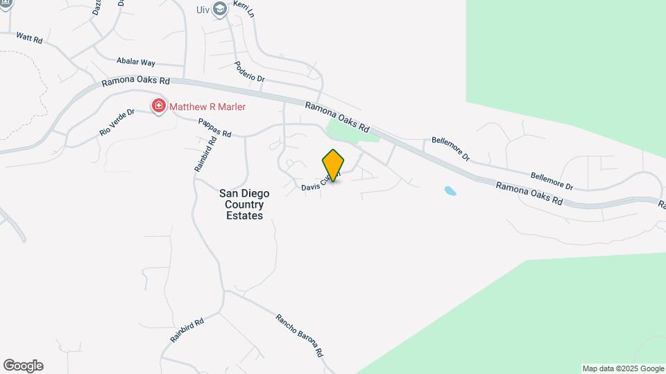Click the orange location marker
click(333, 165)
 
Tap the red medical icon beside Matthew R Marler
click(159, 107)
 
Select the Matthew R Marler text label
click(207, 107)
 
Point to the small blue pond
click(450, 190)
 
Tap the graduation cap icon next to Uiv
click(219, 8)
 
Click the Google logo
click(23, 366)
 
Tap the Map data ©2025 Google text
click(623, 368)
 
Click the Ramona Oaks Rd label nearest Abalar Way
click(135, 81)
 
